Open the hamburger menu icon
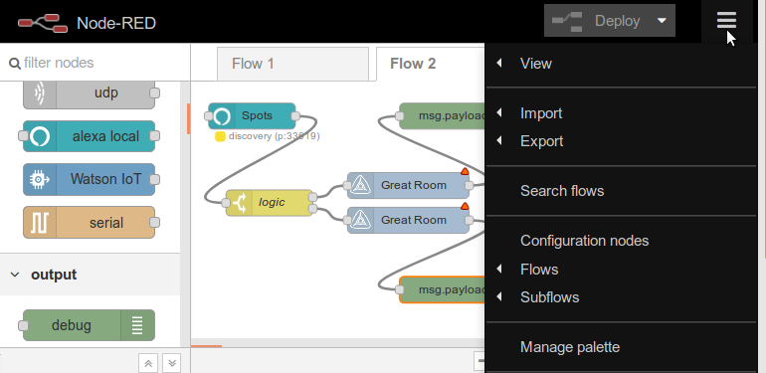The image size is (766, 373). coord(726,20)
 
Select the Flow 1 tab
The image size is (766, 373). coord(253,64)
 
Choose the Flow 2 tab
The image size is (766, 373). coord(413,64)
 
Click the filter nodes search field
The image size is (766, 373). coord(95,63)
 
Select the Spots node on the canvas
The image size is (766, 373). coord(252,116)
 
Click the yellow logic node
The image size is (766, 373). coord(269,202)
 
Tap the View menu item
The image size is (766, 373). coord(536,64)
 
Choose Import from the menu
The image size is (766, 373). coord(541,113)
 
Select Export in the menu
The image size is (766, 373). coord(541,141)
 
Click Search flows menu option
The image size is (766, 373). coord(562,191)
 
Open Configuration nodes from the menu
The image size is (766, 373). coord(584,241)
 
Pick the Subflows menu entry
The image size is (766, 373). coord(549,297)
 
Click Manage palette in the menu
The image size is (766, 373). coord(570,347)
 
